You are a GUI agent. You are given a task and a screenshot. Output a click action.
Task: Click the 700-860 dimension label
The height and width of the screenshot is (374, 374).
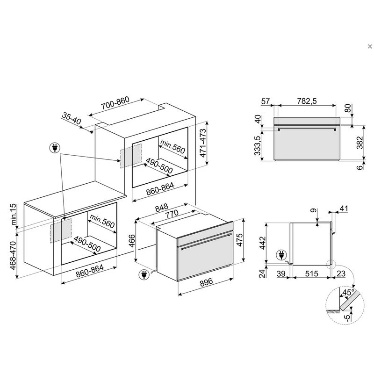(x=115, y=103)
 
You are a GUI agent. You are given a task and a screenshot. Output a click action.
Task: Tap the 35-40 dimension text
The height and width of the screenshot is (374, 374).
(x=72, y=118)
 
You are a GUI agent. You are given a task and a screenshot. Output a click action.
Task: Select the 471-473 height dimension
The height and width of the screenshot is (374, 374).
(x=203, y=143)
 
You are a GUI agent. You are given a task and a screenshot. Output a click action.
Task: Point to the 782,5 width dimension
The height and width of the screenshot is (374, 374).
(x=307, y=101)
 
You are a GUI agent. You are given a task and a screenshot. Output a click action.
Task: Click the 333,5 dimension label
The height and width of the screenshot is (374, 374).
(x=258, y=145)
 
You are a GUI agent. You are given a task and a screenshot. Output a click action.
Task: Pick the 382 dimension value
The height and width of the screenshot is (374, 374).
(x=360, y=143)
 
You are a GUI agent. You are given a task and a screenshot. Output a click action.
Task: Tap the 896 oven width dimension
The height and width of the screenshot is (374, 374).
(x=206, y=282)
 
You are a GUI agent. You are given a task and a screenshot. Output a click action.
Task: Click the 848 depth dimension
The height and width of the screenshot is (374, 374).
(x=162, y=208)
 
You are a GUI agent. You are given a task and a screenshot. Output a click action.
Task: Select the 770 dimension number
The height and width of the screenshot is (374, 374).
(x=172, y=214)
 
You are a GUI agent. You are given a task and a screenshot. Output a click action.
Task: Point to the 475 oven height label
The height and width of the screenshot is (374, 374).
(x=239, y=240)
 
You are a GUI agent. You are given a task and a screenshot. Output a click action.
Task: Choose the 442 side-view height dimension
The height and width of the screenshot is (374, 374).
(x=262, y=243)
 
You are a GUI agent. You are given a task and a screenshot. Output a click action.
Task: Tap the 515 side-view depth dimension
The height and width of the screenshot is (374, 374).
(x=311, y=273)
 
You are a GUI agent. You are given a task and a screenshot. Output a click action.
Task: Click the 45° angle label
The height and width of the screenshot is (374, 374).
(x=348, y=292)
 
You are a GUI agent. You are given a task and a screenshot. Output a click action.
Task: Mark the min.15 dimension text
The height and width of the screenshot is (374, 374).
(x=14, y=214)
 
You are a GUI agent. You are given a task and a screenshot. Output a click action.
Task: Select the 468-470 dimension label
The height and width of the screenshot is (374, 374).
(x=13, y=255)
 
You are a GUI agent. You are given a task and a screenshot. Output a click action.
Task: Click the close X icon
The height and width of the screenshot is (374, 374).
(x=370, y=46)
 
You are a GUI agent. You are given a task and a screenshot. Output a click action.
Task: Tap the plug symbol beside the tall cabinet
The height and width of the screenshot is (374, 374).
(x=55, y=148)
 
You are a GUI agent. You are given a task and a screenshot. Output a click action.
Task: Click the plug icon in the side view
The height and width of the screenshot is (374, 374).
(x=281, y=255)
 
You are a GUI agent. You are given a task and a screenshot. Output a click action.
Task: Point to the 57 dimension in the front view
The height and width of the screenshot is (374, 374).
(x=265, y=101)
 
